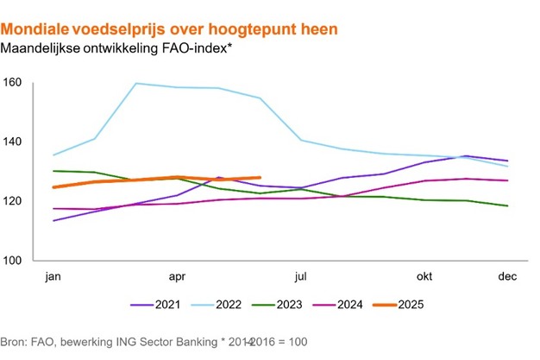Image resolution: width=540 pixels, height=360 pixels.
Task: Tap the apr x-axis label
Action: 178,278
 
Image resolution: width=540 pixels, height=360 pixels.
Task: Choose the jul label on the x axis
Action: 301,278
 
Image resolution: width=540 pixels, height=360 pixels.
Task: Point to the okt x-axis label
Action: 424,278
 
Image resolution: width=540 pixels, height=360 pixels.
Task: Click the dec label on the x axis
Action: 507,278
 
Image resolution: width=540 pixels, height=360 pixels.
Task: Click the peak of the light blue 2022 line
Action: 136,84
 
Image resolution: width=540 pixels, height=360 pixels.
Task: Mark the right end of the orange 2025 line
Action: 260,178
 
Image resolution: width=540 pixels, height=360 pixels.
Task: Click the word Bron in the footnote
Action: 16,342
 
